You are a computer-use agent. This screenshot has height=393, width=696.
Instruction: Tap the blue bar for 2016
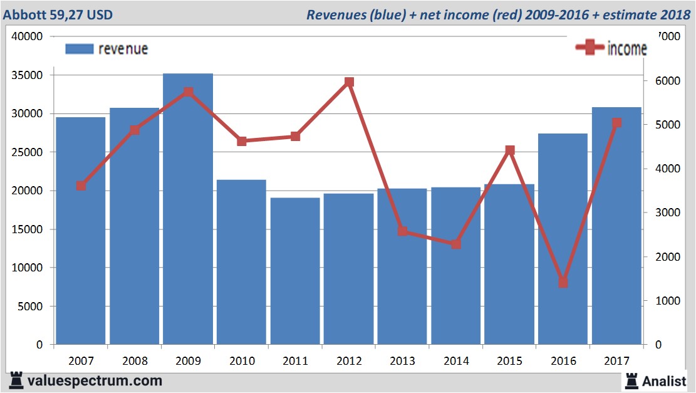pyautogui.click(x=563, y=239)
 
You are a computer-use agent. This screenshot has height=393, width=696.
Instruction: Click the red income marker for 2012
pyautogui.click(x=349, y=82)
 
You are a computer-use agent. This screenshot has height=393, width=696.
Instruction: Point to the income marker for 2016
pyautogui.click(x=563, y=283)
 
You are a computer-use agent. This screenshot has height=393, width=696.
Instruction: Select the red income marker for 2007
pyautogui.click(x=81, y=186)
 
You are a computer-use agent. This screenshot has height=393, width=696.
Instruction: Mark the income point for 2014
pyautogui.click(x=456, y=244)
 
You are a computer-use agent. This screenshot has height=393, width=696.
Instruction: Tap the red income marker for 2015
pyautogui.click(x=509, y=150)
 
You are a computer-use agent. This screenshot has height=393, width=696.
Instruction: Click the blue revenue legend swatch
pyautogui.click(x=79, y=49)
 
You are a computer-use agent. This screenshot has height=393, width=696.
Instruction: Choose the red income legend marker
pyautogui.click(x=590, y=48)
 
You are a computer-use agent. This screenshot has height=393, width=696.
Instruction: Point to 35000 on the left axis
pyautogui.click(x=28, y=75)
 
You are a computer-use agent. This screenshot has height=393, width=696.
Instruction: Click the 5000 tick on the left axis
pyautogui.click(x=31, y=307)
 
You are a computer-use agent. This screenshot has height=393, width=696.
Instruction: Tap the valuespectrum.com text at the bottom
pyautogui.click(x=94, y=380)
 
